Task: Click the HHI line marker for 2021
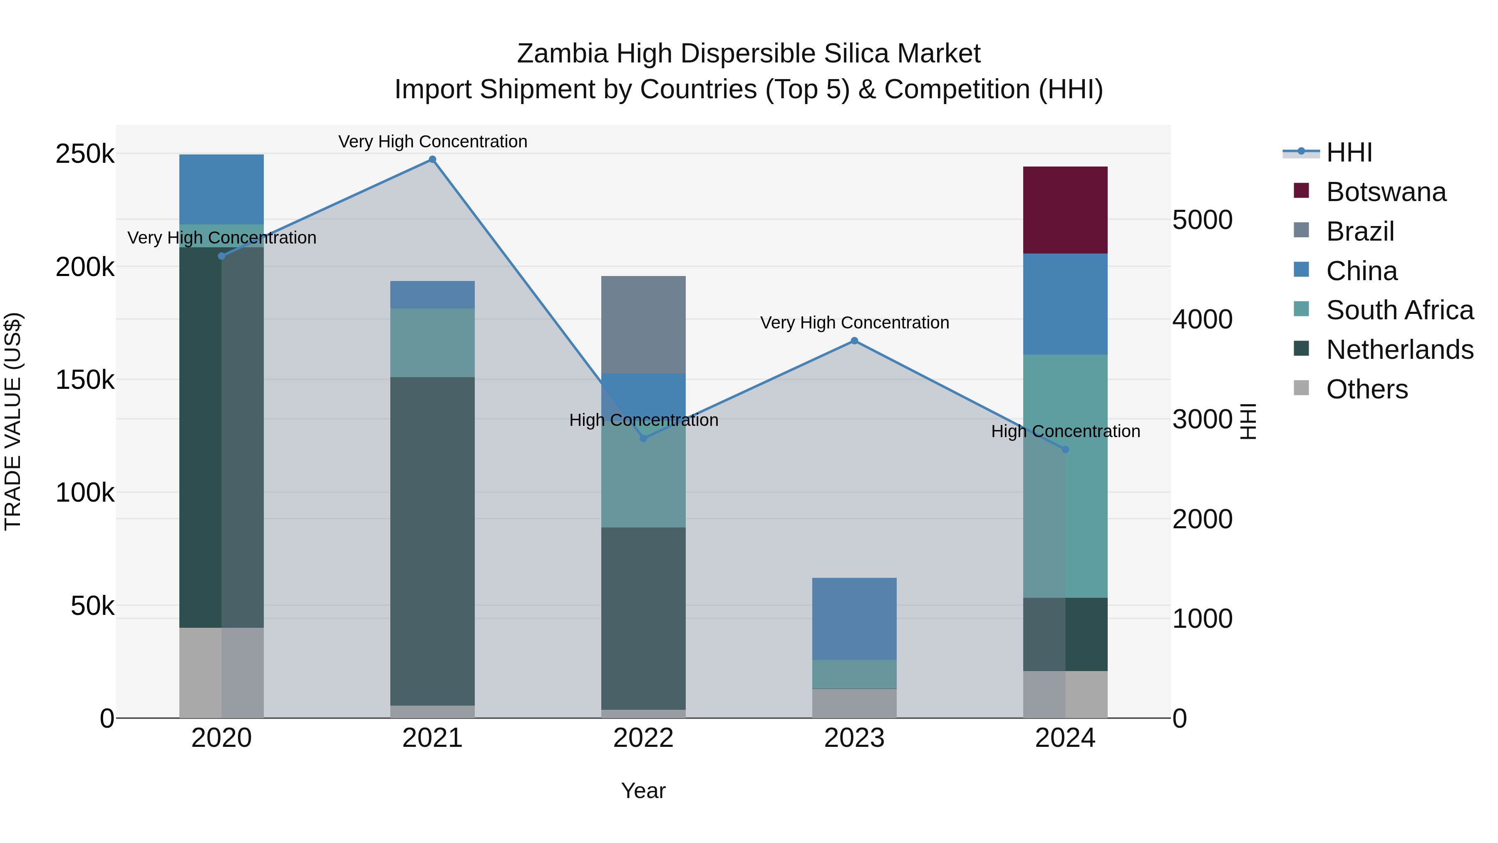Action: point(432,159)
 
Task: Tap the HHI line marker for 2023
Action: point(854,341)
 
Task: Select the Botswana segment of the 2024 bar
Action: point(1065,210)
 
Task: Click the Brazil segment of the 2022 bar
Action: point(643,325)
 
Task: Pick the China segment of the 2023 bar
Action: point(854,619)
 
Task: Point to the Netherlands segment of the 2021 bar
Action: point(432,541)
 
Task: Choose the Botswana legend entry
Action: point(1386,192)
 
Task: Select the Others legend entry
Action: point(1367,389)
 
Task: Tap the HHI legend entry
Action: point(1349,152)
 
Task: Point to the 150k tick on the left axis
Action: point(85,380)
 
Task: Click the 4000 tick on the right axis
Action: point(1202,319)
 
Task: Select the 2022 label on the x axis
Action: point(643,738)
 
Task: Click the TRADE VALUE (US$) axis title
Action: point(13,421)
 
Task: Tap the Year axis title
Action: point(643,791)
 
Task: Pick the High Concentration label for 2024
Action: point(1065,431)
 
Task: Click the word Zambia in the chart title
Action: point(563,54)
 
